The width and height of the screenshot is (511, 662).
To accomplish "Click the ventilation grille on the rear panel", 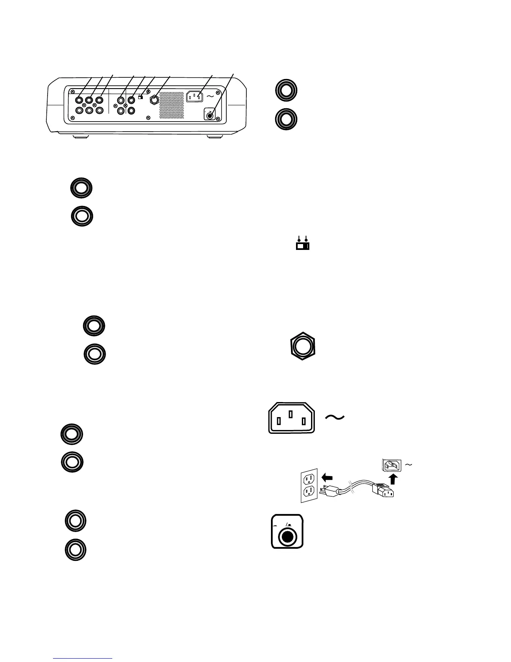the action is (172, 105).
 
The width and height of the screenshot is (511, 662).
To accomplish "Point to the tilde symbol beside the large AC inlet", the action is (335, 417).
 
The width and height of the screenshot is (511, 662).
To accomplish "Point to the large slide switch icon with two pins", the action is (303, 246).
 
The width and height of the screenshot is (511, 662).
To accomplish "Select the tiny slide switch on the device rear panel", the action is (140, 98).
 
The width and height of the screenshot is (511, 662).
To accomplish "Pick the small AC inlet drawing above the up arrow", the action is (391, 465).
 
